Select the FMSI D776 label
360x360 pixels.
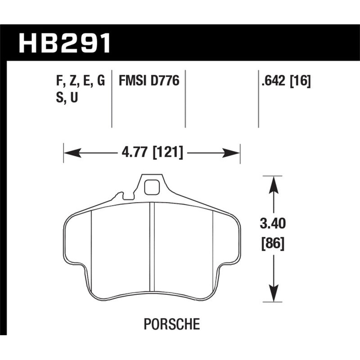148,81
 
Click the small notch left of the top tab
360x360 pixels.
120,196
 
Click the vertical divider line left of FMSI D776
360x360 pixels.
112,99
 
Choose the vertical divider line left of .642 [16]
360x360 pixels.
258,99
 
